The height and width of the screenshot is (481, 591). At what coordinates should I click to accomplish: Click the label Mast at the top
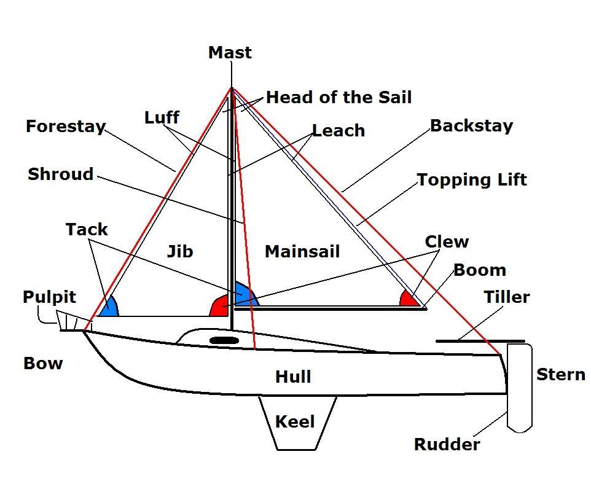[230, 53]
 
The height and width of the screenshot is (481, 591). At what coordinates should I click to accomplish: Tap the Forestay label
[65, 127]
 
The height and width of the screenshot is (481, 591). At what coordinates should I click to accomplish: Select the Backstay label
[471, 126]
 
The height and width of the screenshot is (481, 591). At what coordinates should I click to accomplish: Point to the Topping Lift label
[472, 180]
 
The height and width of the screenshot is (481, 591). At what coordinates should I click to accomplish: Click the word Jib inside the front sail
[180, 251]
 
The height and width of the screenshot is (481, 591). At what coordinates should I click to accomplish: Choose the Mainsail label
[302, 251]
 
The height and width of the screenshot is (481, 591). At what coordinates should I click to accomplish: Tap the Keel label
[295, 422]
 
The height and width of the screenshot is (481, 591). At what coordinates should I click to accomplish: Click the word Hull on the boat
[293, 377]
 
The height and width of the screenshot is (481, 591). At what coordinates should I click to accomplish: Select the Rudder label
[447, 445]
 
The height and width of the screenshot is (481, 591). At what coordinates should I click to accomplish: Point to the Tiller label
[506, 297]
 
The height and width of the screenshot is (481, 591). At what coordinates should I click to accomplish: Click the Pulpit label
[49, 297]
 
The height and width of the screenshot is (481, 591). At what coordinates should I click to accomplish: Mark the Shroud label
[61, 174]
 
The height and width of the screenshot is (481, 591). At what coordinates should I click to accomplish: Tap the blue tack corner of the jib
[108, 308]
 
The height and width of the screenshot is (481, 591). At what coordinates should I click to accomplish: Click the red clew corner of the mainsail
[409, 299]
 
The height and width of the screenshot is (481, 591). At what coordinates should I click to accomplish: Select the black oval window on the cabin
[224, 340]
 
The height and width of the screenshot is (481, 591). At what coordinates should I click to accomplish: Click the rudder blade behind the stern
[519, 387]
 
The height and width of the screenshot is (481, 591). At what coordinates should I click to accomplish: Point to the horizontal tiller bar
[480, 341]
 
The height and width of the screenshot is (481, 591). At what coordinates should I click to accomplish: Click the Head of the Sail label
[339, 97]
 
